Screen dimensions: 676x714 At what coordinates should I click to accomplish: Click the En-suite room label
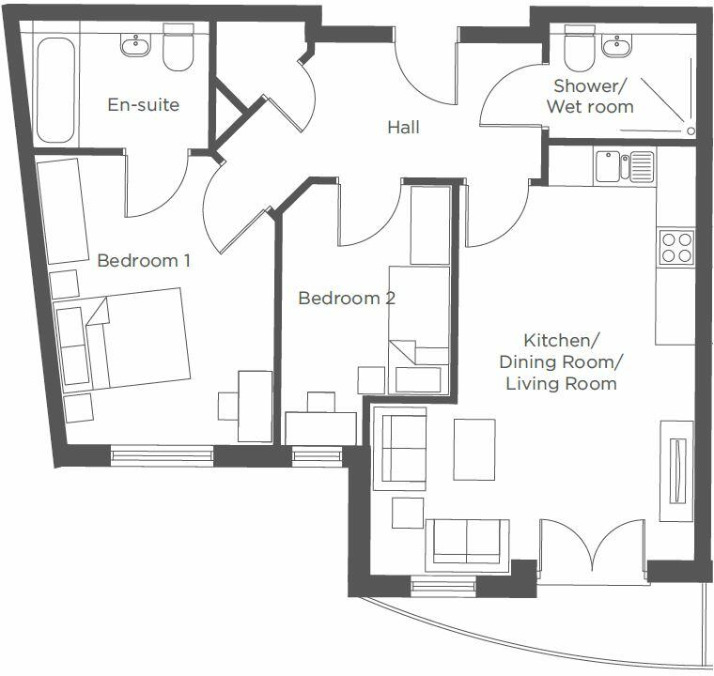[143, 104]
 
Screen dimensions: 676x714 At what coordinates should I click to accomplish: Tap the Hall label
[403, 127]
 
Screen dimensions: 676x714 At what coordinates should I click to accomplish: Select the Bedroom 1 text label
[144, 260]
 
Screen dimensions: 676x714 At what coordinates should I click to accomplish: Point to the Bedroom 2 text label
[346, 299]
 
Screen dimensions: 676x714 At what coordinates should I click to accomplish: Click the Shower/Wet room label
[590, 96]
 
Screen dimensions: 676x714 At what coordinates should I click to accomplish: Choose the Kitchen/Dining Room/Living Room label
[561, 361]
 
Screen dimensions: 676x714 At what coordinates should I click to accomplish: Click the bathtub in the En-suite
[56, 89]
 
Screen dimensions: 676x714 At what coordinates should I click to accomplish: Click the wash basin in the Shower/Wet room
[617, 44]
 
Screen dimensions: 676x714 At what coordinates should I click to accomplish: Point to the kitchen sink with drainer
[624, 168]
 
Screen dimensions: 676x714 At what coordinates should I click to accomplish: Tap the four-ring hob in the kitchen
[675, 248]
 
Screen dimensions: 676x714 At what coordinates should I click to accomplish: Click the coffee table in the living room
[473, 449]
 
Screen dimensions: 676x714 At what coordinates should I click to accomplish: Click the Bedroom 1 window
[161, 456]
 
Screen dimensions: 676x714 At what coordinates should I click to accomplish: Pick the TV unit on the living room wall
[675, 469]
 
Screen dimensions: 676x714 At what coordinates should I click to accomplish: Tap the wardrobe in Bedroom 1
[63, 211]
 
